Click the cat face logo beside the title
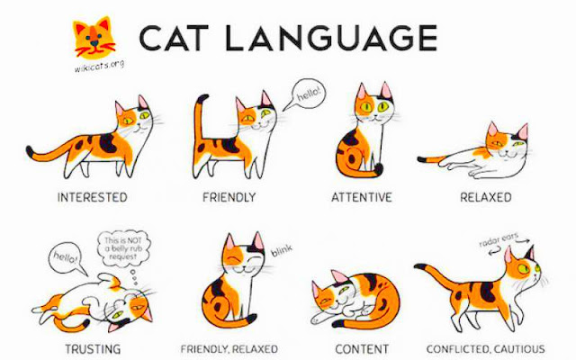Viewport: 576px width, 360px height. click(94, 38)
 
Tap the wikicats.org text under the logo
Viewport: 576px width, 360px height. click(99, 66)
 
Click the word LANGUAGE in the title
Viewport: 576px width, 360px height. click(331, 38)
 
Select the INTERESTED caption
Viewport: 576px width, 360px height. click(92, 197)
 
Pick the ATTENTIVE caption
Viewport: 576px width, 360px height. click(362, 197)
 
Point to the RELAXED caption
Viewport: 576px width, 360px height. click(486, 197)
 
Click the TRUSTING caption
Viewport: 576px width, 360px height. click(93, 348)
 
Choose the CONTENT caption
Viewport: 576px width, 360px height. click(362, 348)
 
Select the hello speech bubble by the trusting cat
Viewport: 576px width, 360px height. click(67, 257)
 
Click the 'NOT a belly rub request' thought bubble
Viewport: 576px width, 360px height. click(124, 248)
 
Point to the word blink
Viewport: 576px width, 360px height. click(282, 250)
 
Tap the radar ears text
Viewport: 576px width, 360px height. click(499, 239)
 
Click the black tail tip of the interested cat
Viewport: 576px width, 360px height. click(30, 150)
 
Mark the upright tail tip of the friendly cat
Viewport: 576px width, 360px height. click(202, 98)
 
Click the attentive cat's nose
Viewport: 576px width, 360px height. click(374, 115)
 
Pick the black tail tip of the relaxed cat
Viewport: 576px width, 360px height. click(421, 159)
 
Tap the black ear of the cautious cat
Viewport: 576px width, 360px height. click(530, 253)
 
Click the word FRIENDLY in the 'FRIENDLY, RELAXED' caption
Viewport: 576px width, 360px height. click(203, 348)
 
